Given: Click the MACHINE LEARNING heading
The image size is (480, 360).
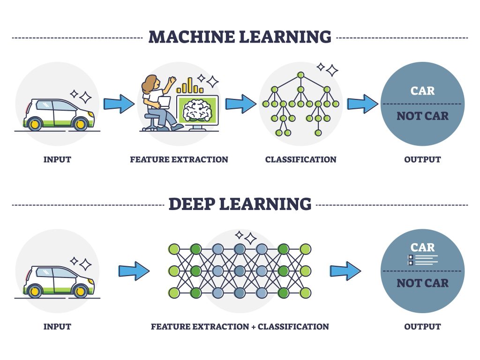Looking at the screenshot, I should (x=240, y=37).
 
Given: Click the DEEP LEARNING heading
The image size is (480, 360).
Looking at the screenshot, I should (x=240, y=204).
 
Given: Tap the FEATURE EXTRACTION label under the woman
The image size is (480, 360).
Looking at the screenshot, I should (x=179, y=159).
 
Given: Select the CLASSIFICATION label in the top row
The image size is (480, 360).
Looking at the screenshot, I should (x=300, y=159).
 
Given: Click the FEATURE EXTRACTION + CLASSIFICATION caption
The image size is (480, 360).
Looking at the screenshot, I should (x=240, y=326).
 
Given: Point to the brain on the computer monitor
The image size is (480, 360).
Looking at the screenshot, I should (x=197, y=111).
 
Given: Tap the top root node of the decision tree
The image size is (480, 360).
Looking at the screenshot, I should (x=300, y=75).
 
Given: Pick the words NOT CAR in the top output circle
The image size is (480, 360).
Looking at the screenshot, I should (x=422, y=116).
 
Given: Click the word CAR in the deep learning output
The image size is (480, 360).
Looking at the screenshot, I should (x=422, y=247).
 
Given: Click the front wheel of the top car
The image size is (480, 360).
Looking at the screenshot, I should (x=80, y=124).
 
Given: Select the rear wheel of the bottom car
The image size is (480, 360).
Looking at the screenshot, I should (x=34, y=291).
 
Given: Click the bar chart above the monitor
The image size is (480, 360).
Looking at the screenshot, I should (x=190, y=86).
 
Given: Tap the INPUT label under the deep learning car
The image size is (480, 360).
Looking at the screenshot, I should (x=57, y=326).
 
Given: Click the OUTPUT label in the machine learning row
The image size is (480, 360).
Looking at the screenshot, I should (x=422, y=159).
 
